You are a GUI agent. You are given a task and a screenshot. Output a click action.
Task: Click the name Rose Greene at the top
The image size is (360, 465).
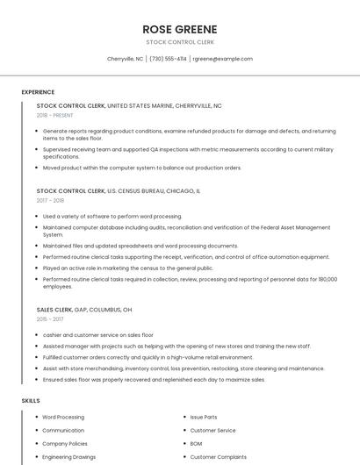180,29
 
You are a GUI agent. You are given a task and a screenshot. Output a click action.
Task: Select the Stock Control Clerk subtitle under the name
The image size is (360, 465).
180,42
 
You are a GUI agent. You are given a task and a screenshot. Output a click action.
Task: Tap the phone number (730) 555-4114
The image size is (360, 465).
168,59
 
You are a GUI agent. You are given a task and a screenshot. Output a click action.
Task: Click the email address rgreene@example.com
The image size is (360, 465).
222,59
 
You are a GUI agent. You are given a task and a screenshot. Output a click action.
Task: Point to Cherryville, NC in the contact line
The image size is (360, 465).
125,59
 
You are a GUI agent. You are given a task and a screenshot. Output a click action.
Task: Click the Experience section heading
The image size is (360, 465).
38,92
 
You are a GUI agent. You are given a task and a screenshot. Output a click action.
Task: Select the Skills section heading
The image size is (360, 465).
31,400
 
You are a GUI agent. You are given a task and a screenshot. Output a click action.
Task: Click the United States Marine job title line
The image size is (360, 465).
129,105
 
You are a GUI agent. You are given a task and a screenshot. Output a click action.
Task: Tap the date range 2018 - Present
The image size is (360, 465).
56,115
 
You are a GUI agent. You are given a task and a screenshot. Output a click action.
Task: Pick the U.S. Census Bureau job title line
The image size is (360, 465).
118,190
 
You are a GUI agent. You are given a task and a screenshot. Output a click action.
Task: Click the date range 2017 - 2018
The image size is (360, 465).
50,200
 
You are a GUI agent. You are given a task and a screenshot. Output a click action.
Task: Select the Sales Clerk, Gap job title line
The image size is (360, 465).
84,310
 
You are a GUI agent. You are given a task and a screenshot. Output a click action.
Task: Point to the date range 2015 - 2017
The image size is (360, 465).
50,319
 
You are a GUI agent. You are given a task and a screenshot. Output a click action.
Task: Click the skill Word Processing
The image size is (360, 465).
63,418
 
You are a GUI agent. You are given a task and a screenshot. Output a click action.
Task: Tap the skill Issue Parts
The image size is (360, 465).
204,418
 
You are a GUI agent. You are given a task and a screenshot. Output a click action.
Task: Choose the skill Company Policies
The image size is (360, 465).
66,444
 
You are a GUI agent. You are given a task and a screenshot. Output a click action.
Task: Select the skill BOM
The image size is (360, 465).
197,444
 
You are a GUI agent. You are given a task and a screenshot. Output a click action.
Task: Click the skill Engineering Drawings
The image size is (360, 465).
69,457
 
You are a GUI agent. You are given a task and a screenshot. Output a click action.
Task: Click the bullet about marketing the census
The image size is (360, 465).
128,268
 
